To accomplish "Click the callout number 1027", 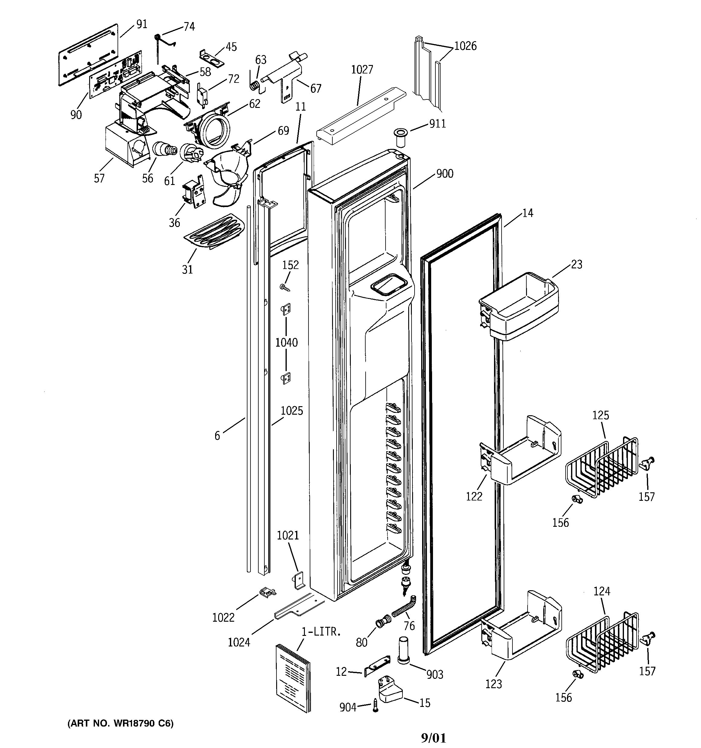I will pyautogui.click(x=362, y=70).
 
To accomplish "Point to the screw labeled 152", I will pyautogui.click(x=285, y=288).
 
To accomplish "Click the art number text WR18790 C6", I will pyautogui.click(x=120, y=723).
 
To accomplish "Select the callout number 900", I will pyautogui.click(x=444, y=174).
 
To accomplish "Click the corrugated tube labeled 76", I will pyautogui.click(x=403, y=609).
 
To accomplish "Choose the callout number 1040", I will pyautogui.click(x=286, y=343).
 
